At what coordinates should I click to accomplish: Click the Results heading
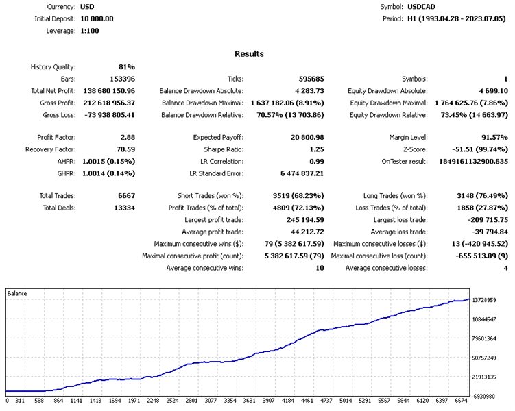[x=249, y=53]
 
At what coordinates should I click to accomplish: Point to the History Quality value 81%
[x=127, y=66]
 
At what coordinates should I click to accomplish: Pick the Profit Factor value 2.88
[x=127, y=138]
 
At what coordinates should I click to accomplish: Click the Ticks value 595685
[x=309, y=79]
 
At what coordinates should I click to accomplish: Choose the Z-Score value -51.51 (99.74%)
[x=475, y=149]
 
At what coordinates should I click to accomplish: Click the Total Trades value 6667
[x=125, y=196]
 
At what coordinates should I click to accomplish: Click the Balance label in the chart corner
[x=18, y=294]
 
